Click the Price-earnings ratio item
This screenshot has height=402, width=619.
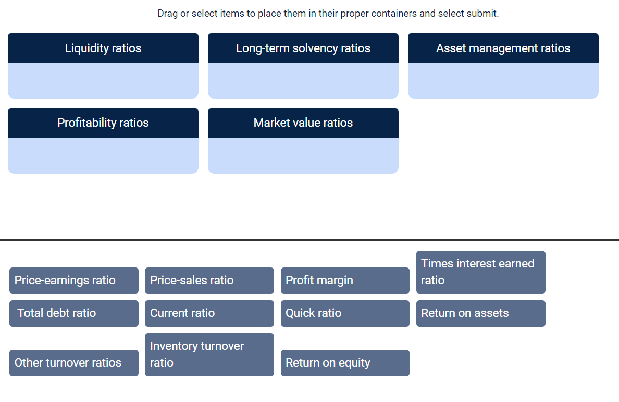[x=74, y=281]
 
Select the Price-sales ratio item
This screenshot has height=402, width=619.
[x=209, y=281]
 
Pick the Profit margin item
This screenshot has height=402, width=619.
[x=345, y=281]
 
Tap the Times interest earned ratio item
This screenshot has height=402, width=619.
[x=480, y=272]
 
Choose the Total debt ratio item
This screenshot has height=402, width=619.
[x=74, y=313]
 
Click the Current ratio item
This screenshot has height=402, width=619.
[x=209, y=313]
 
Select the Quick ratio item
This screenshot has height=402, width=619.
[x=345, y=313]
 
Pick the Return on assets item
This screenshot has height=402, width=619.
[x=480, y=313]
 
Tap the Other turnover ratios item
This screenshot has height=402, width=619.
[x=74, y=363]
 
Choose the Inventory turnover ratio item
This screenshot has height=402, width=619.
[x=209, y=355]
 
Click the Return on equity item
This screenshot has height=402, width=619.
[x=345, y=363]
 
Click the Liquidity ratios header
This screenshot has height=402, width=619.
[x=103, y=48]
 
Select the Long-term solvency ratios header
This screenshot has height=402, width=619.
[x=303, y=48]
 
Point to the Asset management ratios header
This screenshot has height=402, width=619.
[x=503, y=48]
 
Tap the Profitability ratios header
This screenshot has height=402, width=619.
[x=103, y=123]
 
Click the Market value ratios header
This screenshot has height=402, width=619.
[x=303, y=123]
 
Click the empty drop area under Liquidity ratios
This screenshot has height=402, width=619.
[x=103, y=81]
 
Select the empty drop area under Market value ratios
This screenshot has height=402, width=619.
[x=303, y=155]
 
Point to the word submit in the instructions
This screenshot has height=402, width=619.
[x=482, y=14]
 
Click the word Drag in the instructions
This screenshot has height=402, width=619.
[x=168, y=14]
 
